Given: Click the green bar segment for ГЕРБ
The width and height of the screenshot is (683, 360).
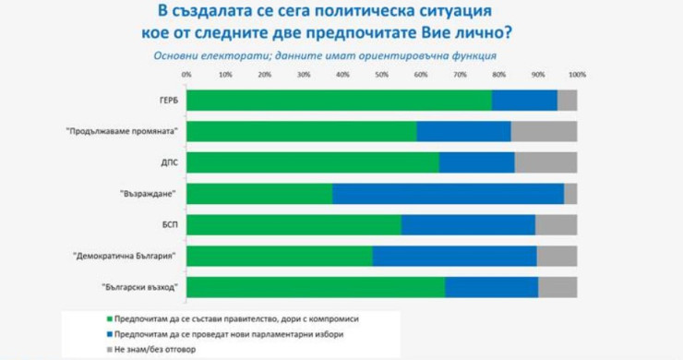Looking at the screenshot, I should pyautogui.click(x=339, y=100).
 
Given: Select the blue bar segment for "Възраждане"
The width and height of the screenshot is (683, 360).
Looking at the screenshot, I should pyautogui.click(x=448, y=194).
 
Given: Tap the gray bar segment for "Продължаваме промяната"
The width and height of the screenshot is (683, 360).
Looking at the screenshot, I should pyautogui.click(x=544, y=131).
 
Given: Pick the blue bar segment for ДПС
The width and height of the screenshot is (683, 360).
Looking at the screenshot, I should pyautogui.click(x=476, y=162).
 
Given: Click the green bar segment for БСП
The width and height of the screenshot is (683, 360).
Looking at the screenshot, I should pyautogui.click(x=294, y=224).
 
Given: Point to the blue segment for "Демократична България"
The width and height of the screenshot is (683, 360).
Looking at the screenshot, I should pyautogui.click(x=454, y=256).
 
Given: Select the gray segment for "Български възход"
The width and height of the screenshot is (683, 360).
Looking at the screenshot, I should pyautogui.click(x=557, y=287).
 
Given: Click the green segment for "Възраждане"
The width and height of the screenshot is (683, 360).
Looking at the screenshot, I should pyautogui.click(x=259, y=194).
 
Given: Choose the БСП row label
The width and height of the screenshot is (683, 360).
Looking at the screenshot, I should pyautogui.click(x=169, y=224).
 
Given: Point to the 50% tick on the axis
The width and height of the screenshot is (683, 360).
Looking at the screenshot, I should pyautogui.click(x=381, y=74).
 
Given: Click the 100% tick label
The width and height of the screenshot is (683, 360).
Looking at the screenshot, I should pyautogui.click(x=576, y=74).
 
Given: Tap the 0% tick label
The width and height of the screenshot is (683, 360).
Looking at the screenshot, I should pyautogui.click(x=186, y=74).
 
